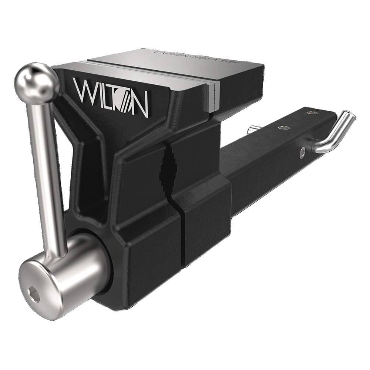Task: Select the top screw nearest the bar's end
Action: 314,112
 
